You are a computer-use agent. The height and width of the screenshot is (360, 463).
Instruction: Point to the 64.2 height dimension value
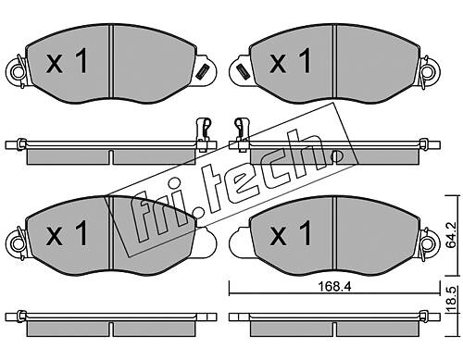tap(452, 235)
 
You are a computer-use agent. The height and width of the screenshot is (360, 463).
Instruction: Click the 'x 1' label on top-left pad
tap(67, 62)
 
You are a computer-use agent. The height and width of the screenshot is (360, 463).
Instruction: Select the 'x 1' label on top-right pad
tap(290, 62)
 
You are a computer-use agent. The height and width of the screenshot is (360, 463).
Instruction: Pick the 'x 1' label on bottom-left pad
tap(67, 233)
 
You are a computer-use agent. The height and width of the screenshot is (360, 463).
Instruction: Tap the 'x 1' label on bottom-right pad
tap(290, 233)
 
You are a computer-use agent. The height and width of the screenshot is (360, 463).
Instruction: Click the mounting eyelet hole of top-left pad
tap(17, 72)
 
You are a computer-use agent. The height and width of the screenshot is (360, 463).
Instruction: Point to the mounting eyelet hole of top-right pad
tap(430, 72)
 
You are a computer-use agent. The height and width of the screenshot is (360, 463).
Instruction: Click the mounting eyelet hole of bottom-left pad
tap(17, 244)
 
